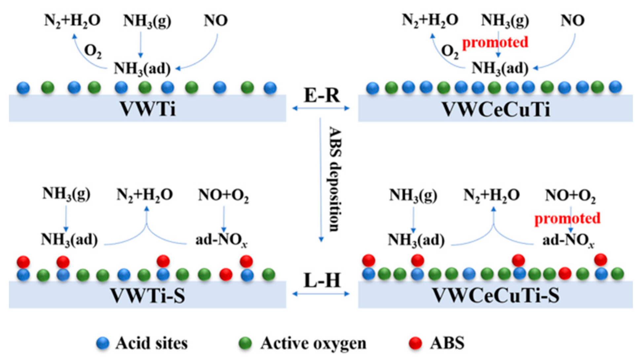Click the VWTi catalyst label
coord(147,108)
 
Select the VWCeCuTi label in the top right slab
coord(496,109)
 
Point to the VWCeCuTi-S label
coord(496,295)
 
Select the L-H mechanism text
coord(321,281)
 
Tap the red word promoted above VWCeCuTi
coord(495,42)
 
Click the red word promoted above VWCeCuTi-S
coord(567,219)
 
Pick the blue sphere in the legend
coord(102,343)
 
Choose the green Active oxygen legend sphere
coord(245,343)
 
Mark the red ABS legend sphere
coord(415,343)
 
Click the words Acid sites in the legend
coord(151,343)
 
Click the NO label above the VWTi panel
coord(215,20)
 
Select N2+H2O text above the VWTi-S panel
coord(144,194)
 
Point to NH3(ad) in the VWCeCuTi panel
coord(500,68)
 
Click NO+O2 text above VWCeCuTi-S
coord(570,196)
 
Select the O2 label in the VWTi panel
coord(93,52)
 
